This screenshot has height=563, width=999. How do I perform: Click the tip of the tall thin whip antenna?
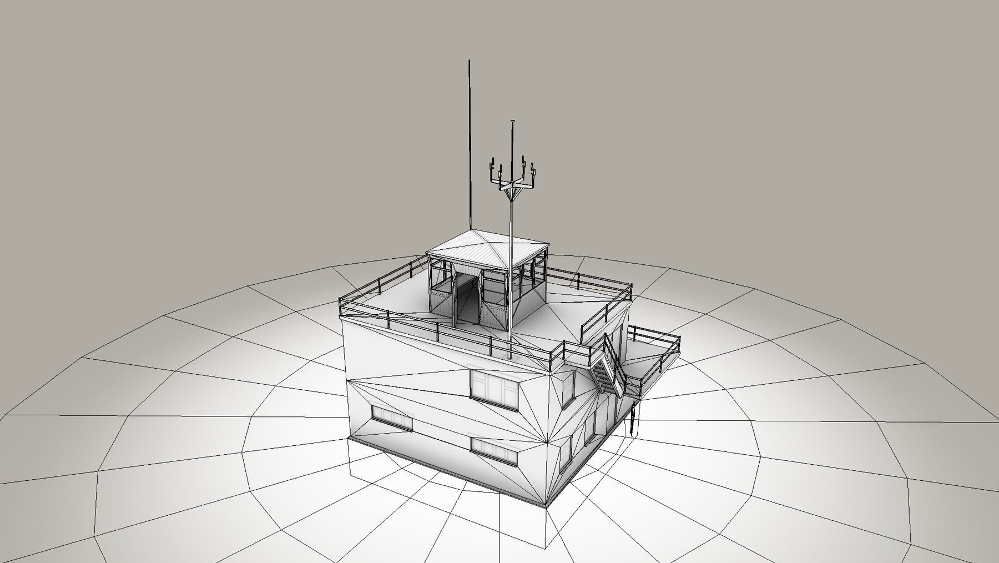tap(470, 61)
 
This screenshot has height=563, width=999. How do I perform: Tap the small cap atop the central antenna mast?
tap(512, 120)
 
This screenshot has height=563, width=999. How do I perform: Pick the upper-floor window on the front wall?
tap(493, 384)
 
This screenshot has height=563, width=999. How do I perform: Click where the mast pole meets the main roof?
tap(509, 355)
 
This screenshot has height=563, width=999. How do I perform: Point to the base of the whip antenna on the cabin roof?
tap(470, 230)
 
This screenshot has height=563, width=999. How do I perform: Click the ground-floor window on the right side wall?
tap(565, 453)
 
